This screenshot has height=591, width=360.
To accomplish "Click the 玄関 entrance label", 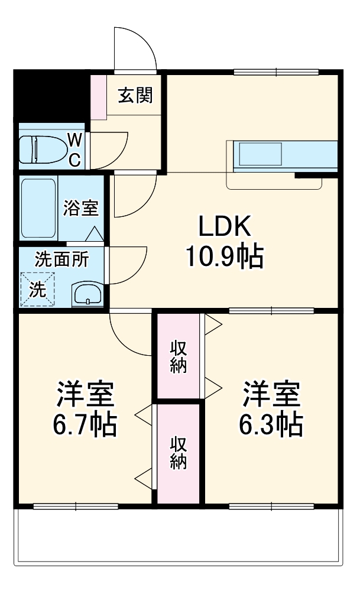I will click(x=135, y=95).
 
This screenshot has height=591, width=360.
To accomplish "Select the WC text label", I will click(x=75, y=150).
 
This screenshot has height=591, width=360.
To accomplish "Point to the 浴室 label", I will click(x=81, y=209).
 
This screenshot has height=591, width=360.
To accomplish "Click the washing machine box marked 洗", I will click(x=37, y=290).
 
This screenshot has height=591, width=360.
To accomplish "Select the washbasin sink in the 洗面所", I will click(x=87, y=294).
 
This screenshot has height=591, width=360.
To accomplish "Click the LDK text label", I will click(x=225, y=226).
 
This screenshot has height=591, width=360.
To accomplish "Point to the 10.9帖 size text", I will click(x=225, y=256).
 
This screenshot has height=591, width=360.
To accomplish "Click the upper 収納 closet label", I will click(x=179, y=356).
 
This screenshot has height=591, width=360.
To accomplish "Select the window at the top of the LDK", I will click(x=277, y=72).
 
